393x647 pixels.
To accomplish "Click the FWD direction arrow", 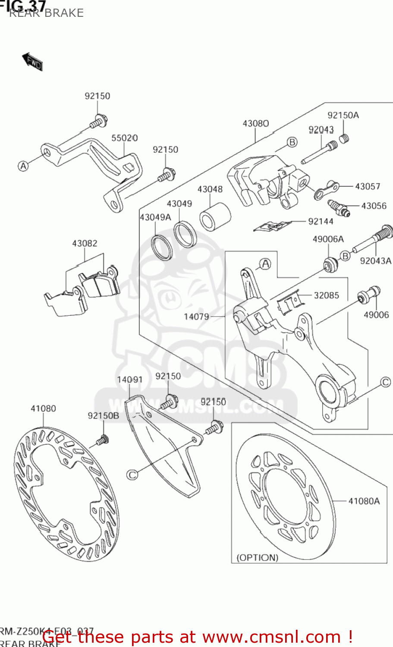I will (32, 62).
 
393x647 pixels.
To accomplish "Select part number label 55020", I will (124, 138).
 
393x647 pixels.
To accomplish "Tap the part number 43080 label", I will (255, 124).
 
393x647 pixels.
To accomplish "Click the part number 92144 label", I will (321, 221).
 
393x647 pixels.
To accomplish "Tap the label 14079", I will (196, 317).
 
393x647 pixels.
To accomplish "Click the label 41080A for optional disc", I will (364, 501).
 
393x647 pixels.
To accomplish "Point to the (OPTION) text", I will (258, 557).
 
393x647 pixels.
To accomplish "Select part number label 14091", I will (129, 380).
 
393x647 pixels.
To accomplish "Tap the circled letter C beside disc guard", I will (132, 474).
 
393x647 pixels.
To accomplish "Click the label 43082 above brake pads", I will (85, 244).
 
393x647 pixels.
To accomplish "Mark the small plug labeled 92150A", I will (344, 138).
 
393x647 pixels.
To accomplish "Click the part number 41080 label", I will (43, 408).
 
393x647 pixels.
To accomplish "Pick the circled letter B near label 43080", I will (292, 142).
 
